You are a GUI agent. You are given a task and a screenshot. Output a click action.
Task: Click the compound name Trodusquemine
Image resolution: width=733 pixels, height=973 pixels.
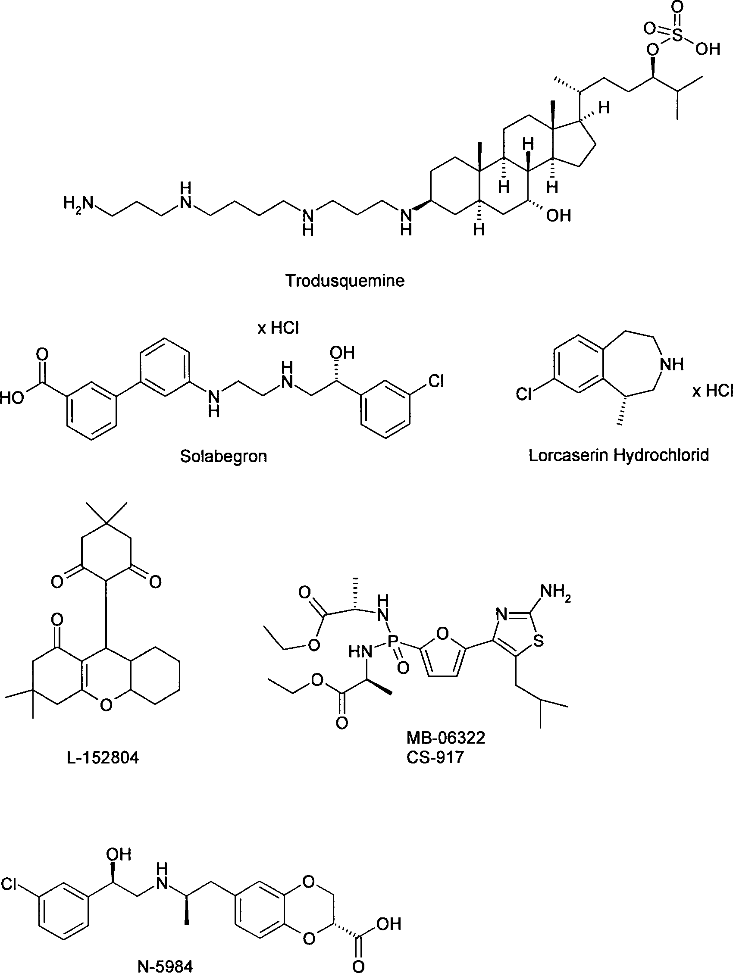tap(345, 281)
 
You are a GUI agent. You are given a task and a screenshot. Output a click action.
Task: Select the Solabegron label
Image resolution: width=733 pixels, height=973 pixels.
tap(223, 457)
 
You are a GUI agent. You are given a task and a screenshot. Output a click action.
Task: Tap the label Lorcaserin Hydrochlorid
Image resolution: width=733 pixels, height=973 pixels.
tap(619, 455)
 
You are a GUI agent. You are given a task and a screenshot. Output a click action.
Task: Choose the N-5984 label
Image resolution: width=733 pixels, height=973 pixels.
tap(165, 967)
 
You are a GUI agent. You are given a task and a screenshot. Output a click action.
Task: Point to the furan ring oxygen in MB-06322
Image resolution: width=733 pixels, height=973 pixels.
tap(443, 634)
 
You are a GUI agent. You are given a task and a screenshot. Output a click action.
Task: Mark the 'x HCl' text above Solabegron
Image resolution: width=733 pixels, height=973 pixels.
tap(278, 328)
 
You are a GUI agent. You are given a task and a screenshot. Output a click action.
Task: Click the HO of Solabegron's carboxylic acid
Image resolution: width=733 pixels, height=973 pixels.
tap(12, 398)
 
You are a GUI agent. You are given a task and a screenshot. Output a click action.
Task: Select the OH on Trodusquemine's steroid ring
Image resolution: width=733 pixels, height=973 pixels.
tap(559, 216)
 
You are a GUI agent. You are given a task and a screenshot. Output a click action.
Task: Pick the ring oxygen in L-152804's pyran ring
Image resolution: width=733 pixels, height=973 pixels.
tap(106, 705)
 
